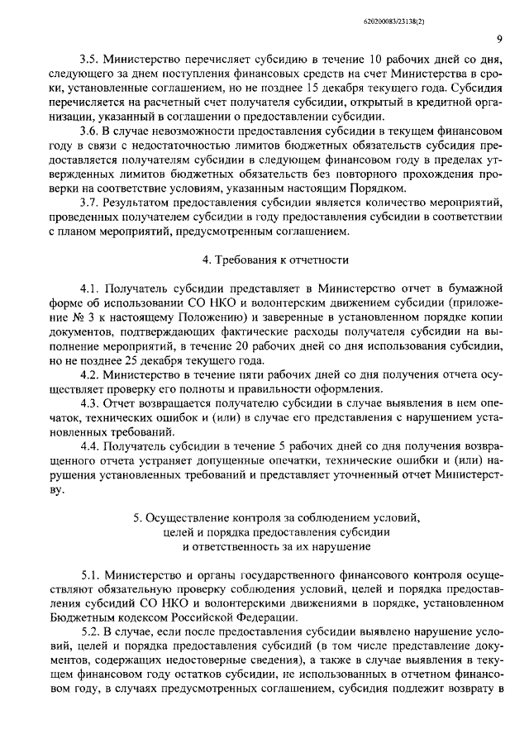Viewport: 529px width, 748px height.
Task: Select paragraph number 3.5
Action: pyautogui.click(x=88, y=61)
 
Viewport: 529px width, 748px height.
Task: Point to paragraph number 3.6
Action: pyautogui.click(x=88, y=132)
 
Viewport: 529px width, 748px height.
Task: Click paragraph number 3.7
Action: pyautogui.click(x=88, y=203)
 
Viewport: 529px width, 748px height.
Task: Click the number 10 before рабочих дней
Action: pyautogui.click(x=375, y=61)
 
